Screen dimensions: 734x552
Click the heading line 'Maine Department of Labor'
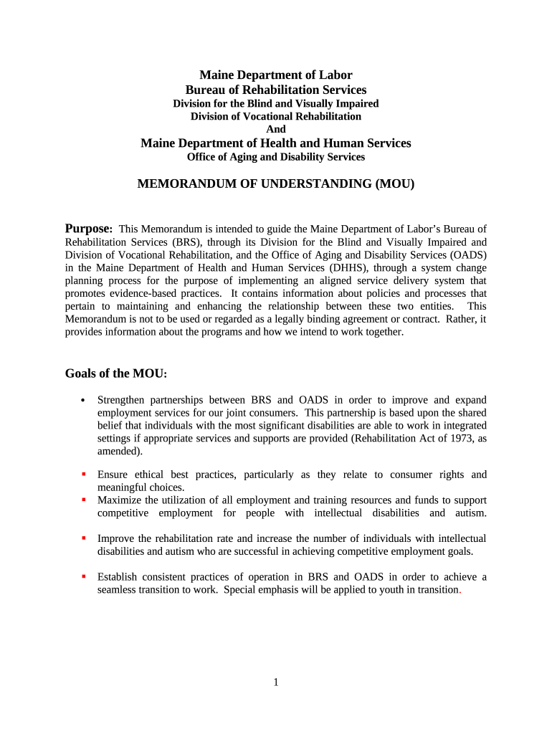point(276,75)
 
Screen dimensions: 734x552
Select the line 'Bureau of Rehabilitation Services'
point(276,90)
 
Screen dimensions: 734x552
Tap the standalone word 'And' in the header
point(276,129)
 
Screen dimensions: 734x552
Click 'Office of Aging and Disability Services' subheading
point(276,156)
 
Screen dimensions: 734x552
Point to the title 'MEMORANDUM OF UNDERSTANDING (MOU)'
point(276,184)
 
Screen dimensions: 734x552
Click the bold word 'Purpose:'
point(89,229)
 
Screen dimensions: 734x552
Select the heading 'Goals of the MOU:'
point(116,373)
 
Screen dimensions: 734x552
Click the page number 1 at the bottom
point(276,682)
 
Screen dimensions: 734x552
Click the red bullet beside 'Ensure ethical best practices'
point(84,474)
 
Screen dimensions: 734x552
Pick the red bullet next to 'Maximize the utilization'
point(84,500)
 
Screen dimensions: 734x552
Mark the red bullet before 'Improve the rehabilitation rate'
point(84,538)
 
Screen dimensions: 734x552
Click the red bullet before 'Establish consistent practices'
point(84,576)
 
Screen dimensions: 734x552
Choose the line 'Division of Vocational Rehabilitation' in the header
point(276,116)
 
